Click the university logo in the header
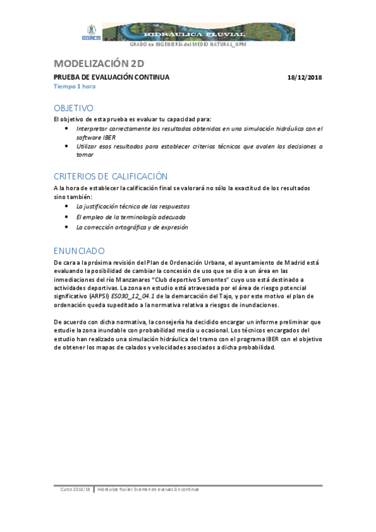90,31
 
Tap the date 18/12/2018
304,77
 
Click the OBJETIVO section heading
73,108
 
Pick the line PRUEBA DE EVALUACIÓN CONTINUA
111,77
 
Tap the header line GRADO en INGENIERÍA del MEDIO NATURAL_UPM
188,45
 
